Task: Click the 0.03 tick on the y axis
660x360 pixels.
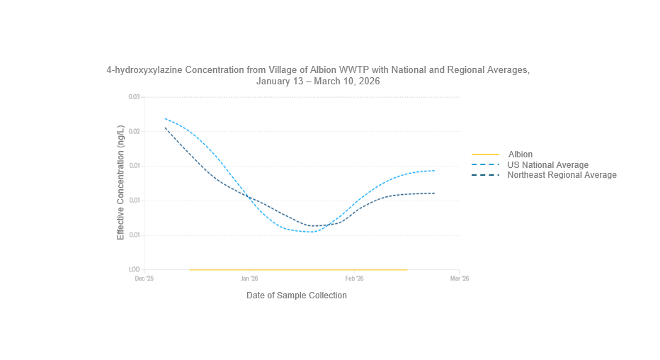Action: tap(133, 97)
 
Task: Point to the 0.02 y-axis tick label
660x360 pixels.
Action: tap(133, 132)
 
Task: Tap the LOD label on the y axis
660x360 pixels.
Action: tap(134, 270)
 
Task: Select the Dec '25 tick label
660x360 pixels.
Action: tap(144, 279)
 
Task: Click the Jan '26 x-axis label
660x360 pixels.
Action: tap(249, 279)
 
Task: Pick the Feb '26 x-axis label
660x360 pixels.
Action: tap(354, 279)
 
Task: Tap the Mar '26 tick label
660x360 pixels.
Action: tap(460, 279)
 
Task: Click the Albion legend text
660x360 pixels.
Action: tap(520, 154)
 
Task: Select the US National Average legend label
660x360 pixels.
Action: tap(547, 165)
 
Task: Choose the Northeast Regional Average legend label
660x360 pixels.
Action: tap(562, 175)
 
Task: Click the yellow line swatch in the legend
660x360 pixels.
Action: tap(485, 154)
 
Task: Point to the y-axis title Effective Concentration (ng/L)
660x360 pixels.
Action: tap(120, 184)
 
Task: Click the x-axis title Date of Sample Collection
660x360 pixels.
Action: tap(297, 296)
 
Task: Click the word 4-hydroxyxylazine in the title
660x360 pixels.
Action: tap(139, 70)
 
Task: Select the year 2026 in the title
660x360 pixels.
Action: tap(368, 81)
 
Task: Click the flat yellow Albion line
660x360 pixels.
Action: tap(297, 269)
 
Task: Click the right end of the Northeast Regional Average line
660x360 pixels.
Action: tap(435, 193)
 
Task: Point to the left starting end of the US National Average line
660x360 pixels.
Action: tap(165, 118)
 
